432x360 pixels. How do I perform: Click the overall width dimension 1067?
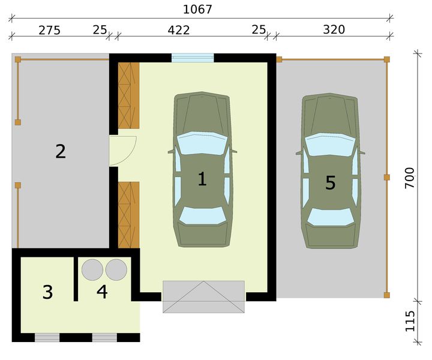(198, 10)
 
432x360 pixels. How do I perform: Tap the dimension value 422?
(179, 30)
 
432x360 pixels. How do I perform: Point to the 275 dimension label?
(49, 30)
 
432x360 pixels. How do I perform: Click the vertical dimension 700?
(409, 179)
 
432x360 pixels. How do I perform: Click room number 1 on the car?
(202, 179)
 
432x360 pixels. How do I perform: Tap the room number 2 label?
(60, 151)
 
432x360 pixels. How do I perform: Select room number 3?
(47, 293)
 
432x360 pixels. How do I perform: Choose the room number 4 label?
(102, 292)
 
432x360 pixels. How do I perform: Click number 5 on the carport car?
(330, 183)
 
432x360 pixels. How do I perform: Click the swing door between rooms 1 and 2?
(122, 150)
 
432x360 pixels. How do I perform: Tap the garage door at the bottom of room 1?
(203, 296)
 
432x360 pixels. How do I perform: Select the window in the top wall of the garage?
(193, 58)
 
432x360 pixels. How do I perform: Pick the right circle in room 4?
(116, 269)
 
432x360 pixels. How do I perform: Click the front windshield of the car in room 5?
(329, 144)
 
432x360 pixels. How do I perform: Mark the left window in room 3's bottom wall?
(47, 338)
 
